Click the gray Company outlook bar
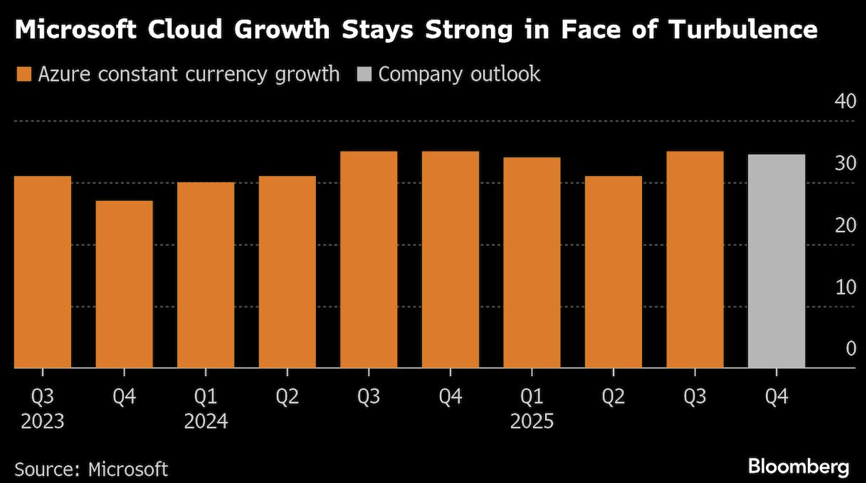coord(776,261)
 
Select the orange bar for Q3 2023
coord(42,272)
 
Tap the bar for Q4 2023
coord(124,284)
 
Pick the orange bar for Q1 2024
coord(205,275)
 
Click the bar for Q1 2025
coord(531,262)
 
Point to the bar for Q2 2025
coord(613,272)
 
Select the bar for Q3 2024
coord(369,260)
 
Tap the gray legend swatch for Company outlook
coord(364,74)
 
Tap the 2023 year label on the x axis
coord(42,421)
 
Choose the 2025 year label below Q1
coord(531,421)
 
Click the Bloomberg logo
coord(800,466)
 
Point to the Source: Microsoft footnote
coord(91,469)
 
